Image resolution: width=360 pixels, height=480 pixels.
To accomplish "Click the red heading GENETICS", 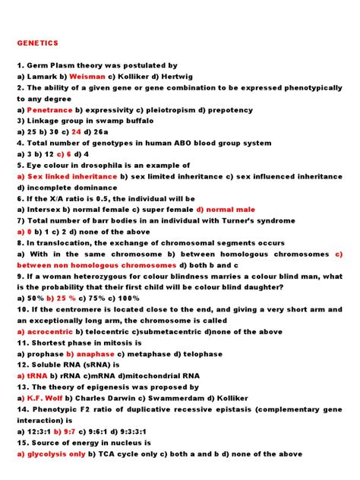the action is [x=38, y=43].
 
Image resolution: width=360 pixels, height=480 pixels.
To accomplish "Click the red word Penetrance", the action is [x=51, y=110].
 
